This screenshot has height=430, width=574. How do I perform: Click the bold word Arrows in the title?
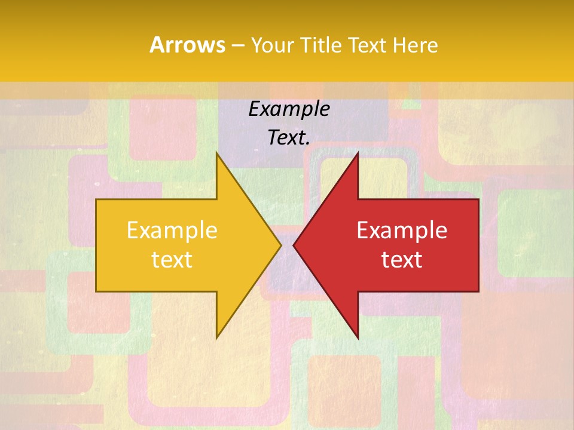click(x=187, y=45)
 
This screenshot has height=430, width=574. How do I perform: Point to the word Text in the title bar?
click(x=365, y=45)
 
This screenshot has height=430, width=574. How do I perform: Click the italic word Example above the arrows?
click(x=289, y=109)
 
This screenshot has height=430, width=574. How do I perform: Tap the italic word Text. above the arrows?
click(x=289, y=138)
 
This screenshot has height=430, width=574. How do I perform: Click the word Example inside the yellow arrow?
click(x=172, y=231)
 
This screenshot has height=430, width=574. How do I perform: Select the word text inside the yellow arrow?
click(x=172, y=259)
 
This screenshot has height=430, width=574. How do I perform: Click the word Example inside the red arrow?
click(x=402, y=231)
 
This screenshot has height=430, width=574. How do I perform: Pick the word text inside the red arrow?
click(x=402, y=259)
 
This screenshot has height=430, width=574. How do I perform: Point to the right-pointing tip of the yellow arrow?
click(x=281, y=245)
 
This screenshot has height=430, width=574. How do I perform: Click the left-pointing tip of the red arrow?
click(x=294, y=245)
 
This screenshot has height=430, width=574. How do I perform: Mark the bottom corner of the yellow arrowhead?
click(x=216, y=339)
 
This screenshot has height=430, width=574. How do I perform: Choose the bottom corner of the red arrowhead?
click(x=358, y=339)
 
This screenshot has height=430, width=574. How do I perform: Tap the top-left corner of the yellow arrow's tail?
click(x=97, y=199)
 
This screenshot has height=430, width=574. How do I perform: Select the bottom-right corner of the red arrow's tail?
click(x=478, y=291)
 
